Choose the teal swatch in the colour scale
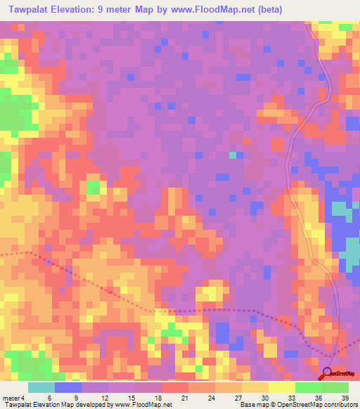(x=41, y=388)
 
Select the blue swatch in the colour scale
(x=68, y=388)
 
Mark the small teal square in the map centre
(x=233, y=155)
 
